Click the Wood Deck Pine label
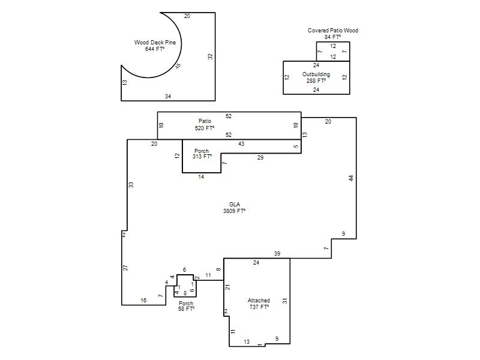(x=155, y=43)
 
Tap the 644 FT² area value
(x=155, y=49)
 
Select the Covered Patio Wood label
(x=333, y=31)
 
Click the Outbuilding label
(x=316, y=74)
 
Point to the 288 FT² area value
(x=316, y=81)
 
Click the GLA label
(x=235, y=205)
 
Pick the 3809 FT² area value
(x=235, y=211)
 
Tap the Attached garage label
(x=259, y=301)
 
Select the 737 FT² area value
(x=259, y=307)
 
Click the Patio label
(x=205, y=121)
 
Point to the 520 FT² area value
(x=205, y=128)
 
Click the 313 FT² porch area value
(x=202, y=157)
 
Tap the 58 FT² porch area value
(x=187, y=309)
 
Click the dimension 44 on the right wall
(x=351, y=178)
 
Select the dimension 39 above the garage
(x=277, y=253)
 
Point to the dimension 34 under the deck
(x=168, y=97)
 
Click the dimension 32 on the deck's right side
(x=210, y=56)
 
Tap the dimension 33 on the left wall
(x=131, y=185)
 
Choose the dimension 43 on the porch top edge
(x=241, y=144)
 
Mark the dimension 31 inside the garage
(x=285, y=301)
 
